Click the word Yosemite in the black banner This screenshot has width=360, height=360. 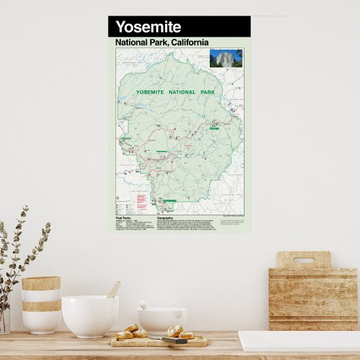(148, 27)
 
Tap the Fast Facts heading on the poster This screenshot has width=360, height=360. (128, 217)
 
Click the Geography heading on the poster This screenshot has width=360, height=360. (169, 217)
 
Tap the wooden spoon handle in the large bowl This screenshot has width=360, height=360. (114, 289)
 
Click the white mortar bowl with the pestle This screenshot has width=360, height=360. (162, 319)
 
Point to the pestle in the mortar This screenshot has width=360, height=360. (145, 306)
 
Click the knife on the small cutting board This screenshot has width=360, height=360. (174, 340)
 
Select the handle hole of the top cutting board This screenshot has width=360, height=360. (303, 259)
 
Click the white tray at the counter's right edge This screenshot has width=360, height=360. (299, 341)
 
